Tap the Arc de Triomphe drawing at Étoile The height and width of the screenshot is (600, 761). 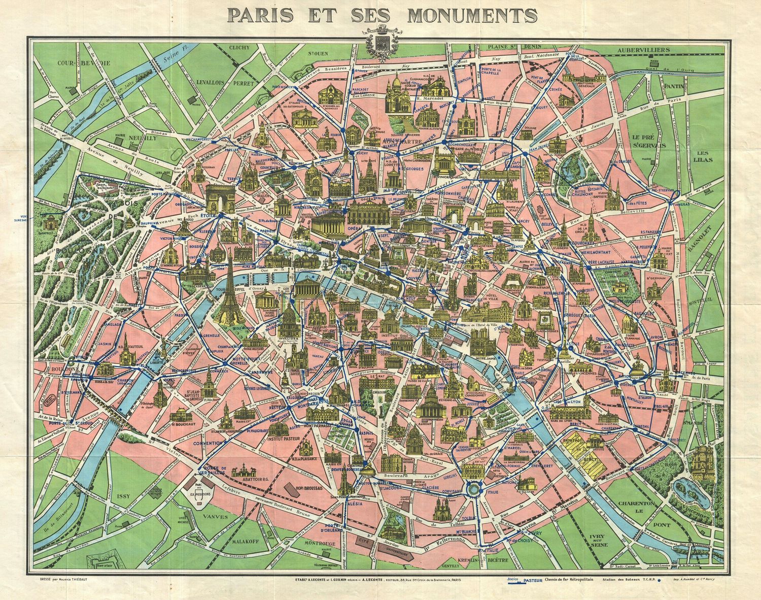(x=220, y=197)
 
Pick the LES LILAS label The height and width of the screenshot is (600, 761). (x=705, y=156)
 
